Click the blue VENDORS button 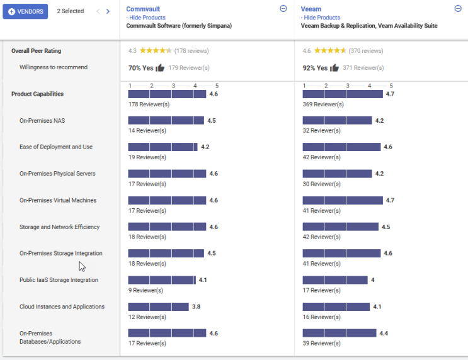point(25,11)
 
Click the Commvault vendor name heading point(144,9)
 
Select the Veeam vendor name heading point(311,9)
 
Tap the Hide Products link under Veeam point(321,18)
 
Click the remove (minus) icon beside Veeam point(458,8)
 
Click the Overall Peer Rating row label point(36,51)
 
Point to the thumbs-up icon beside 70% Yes point(160,68)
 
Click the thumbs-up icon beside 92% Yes point(334,68)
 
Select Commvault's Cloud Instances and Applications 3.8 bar point(158,307)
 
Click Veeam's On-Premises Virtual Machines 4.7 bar point(343,200)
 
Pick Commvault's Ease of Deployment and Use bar point(163,147)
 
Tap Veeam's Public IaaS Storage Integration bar point(334,280)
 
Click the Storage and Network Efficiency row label point(59,227)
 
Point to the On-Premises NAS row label point(42,120)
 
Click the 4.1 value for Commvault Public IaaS point(203,280)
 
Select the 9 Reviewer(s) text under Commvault point(146,290)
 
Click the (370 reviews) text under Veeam point(366,50)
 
